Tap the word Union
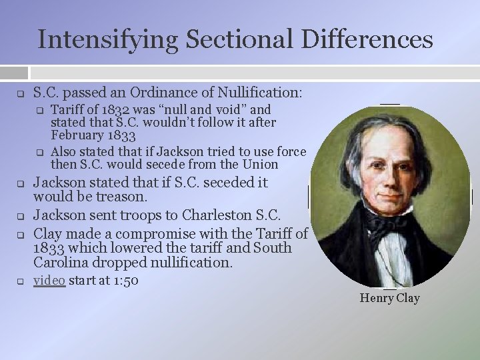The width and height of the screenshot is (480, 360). tap(259, 164)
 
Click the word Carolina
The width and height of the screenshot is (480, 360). tap(62, 263)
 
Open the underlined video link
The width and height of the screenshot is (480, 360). tap(49, 281)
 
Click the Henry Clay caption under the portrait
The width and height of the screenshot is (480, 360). tap(389, 298)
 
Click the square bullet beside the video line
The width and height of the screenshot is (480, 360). tap(21, 281)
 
